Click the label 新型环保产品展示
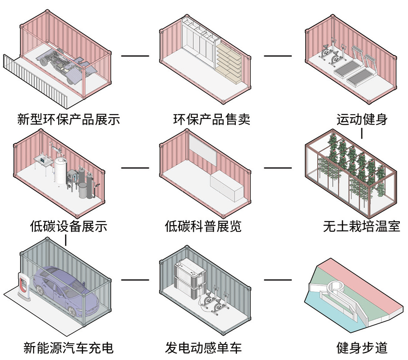coord(69,119)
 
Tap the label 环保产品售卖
coord(211,119)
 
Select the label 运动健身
coord(361,119)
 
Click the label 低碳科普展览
coord(203,226)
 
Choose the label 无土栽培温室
coord(361,226)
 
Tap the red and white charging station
coord(24,286)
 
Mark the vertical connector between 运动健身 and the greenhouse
coord(361,134)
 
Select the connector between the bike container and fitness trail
coord(277,280)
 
